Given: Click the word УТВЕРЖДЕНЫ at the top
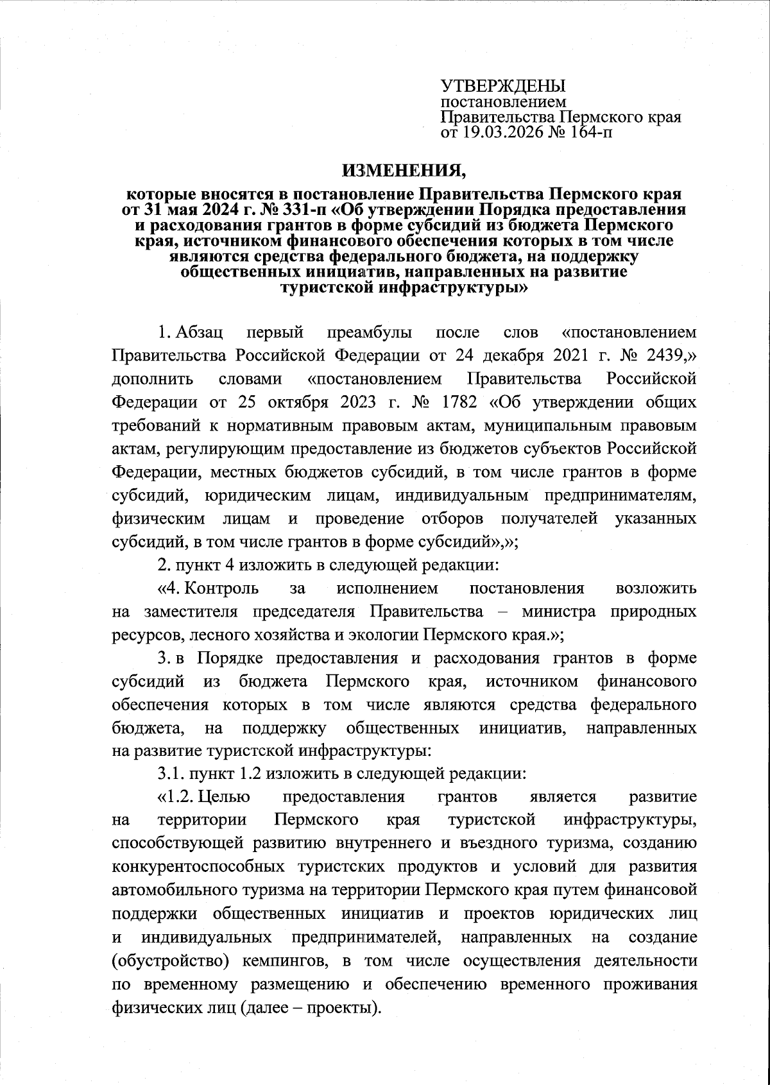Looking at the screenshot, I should (x=502, y=86).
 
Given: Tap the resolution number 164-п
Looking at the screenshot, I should (x=595, y=133).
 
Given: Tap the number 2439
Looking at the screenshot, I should (x=668, y=355).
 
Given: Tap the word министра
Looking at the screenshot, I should (x=563, y=611).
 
